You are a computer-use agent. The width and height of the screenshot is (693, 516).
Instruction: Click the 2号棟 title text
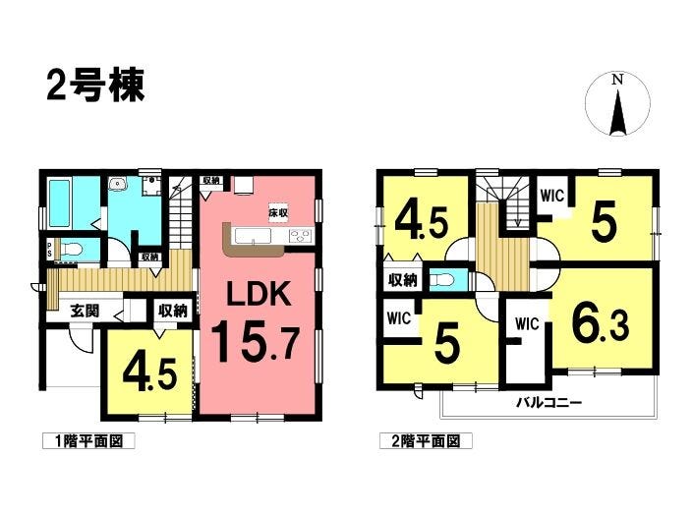[95, 86]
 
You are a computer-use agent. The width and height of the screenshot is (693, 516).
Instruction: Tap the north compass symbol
[617, 106]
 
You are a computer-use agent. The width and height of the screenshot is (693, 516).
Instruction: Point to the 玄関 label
[83, 310]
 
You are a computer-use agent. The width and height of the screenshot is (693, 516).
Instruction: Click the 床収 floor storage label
[278, 212]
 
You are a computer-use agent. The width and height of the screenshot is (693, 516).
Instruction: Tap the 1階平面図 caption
[87, 441]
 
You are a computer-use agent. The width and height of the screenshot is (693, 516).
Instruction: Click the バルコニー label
[549, 403]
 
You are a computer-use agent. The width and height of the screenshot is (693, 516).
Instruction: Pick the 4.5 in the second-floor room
[423, 222]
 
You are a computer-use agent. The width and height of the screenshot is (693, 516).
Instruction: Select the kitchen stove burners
[300, 235]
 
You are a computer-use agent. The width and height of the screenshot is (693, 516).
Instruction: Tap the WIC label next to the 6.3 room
[527, 321]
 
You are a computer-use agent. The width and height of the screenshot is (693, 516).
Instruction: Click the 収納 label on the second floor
[402, 280]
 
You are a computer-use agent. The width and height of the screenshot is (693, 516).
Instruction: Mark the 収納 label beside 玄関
[173, 310]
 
